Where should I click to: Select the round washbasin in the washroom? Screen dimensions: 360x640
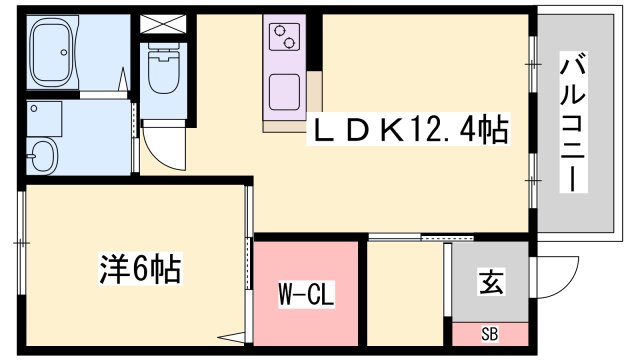coord(43,155)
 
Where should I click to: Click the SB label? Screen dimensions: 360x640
coord(489,333)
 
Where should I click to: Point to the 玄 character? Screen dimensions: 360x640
coord(489,283)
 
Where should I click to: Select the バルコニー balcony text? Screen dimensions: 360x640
coord(573,125)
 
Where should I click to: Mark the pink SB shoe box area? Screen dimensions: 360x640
coord(489,333)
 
